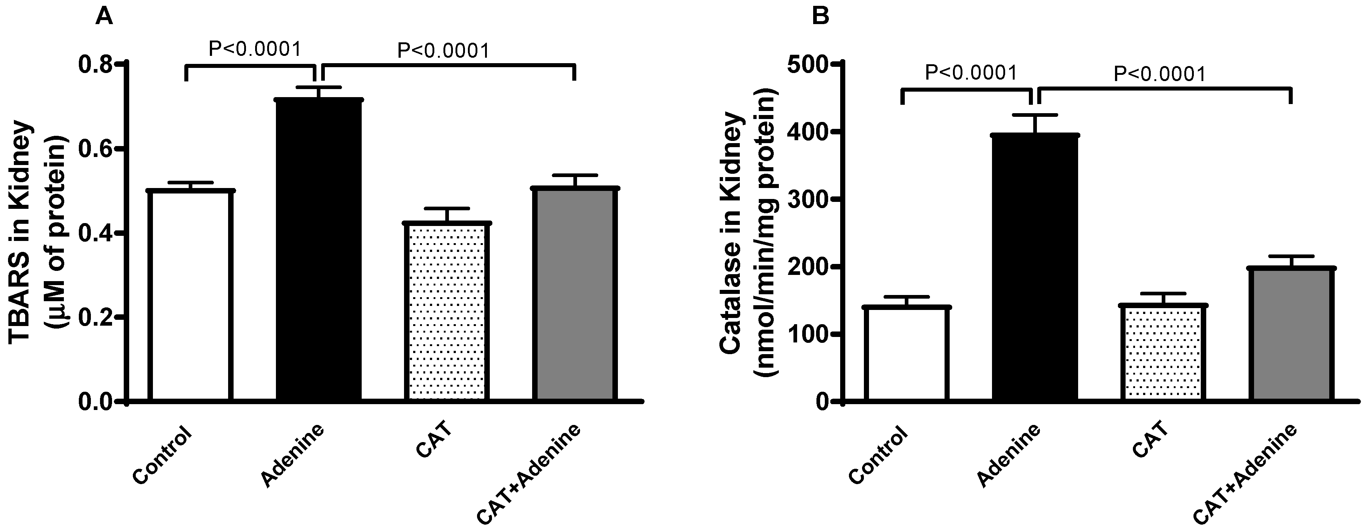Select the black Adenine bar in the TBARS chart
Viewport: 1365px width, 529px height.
click(x=319, y=249)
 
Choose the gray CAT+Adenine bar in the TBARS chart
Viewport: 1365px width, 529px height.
click(x=575, y=294)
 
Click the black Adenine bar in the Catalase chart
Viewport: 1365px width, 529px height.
click(x=1035, y=268)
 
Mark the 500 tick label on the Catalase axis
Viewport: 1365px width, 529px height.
click(x=807, y=65)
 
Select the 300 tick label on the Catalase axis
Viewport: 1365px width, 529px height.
click(x=807, y=200)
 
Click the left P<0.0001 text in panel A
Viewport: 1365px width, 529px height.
click(x=254, y=49)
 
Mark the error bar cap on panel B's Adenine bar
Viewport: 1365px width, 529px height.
click(x=1035, y=115)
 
